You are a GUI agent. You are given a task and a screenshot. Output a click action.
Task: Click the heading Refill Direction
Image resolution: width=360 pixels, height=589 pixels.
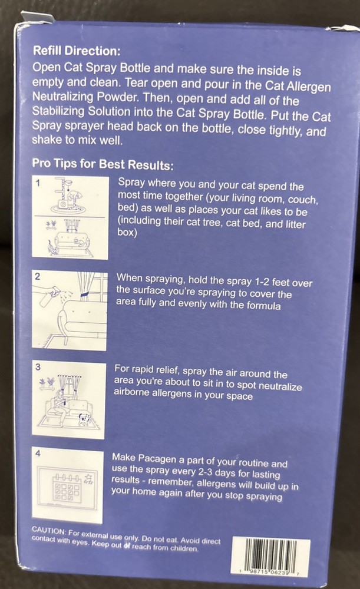point(77,51)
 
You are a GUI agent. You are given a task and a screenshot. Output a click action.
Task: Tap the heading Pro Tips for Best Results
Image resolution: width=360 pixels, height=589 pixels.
point(103,164)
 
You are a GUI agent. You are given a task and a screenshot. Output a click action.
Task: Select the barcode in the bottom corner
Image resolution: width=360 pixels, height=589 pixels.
point(270,557)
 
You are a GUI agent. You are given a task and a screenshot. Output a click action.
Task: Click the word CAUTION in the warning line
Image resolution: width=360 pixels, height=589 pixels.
point(49,531)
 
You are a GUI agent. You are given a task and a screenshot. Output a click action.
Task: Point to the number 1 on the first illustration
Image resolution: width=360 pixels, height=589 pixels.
point(38,183)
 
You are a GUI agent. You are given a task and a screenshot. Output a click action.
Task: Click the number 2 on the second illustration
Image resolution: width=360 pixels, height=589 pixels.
point(37,277)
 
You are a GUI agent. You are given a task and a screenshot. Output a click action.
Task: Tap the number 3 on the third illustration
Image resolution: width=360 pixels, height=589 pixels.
point(38,367)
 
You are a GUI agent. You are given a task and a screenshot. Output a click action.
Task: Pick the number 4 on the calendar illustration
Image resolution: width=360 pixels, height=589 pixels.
point(38,454)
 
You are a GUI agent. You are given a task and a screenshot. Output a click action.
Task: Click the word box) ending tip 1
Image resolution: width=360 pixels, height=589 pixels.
point(127,233)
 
